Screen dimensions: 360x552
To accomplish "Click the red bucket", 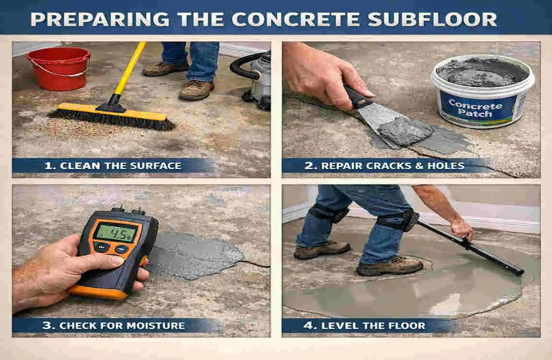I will (58, 69).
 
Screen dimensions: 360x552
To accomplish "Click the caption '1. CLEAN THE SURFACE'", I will (113, 166).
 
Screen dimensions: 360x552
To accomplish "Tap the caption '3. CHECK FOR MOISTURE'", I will (114, 325).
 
